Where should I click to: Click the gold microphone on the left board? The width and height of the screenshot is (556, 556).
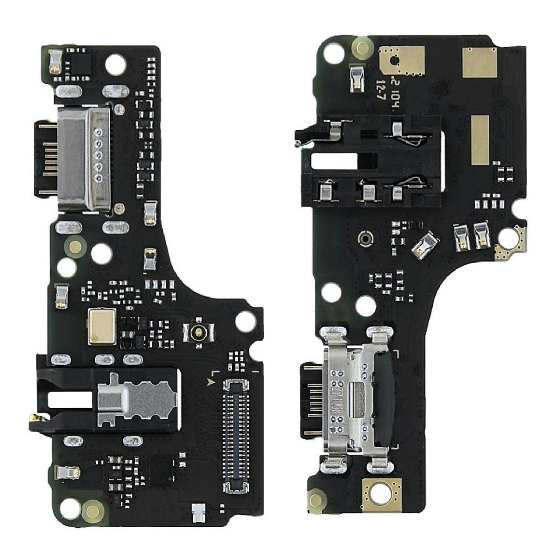coord(98,324)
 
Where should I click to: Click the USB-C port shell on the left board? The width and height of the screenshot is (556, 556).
coord(83,159)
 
